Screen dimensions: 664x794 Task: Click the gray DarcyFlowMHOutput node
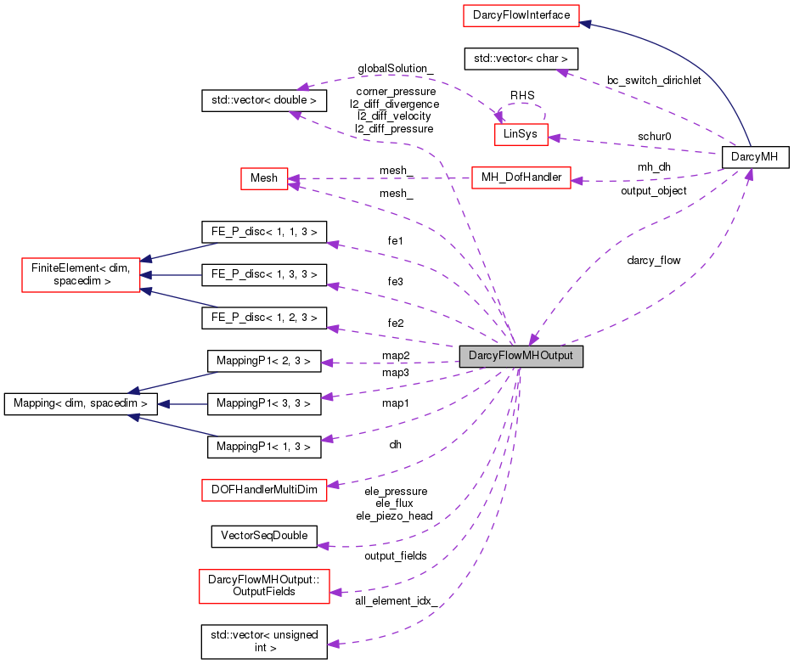coord(521,356)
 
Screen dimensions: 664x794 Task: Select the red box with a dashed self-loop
coord(521,134)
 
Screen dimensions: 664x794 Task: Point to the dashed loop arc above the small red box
coord(521,105)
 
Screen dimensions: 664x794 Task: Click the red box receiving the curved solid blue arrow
coord(521,15)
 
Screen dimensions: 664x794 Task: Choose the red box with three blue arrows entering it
coord(81,275)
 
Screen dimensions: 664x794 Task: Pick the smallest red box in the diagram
coord(264,178)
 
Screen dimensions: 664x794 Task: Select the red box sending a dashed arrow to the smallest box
coord(521,177)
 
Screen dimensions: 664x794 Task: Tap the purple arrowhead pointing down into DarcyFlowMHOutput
coord(532,338)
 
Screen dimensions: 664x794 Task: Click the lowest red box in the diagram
coord(264,586)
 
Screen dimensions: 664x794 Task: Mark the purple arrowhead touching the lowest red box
coord(336,592)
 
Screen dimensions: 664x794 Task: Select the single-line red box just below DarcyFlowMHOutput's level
coord(264,490)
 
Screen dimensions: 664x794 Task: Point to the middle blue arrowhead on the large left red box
coord(147,275)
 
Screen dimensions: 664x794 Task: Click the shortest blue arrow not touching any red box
coord(182,404)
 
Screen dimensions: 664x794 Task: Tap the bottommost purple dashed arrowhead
coord(334,644)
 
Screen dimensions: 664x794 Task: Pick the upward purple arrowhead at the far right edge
coord(749,174)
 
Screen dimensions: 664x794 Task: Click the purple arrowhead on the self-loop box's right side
coord(555,138)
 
